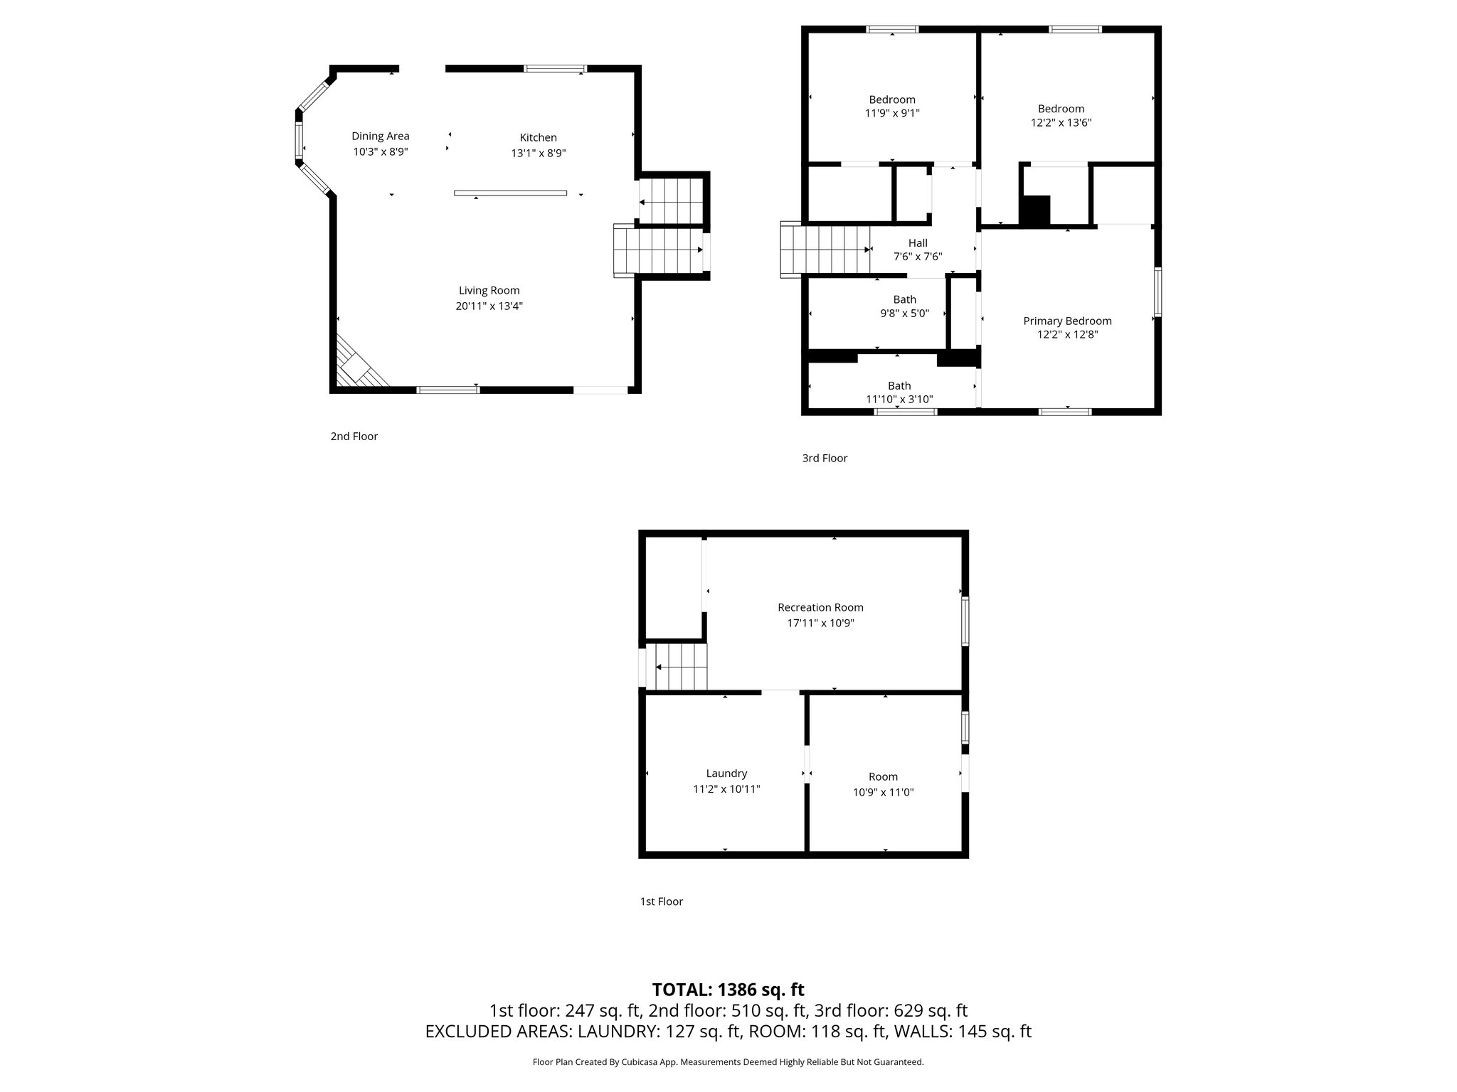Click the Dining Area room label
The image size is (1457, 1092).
(x=380, y=136)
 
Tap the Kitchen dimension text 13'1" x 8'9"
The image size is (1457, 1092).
(x=538, y=153)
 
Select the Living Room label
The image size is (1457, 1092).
(x=489, y=290)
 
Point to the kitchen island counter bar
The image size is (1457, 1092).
(x=510, y=193)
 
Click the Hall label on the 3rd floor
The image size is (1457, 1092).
(x=917, y=243)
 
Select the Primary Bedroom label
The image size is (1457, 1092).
(x=1066, y=321)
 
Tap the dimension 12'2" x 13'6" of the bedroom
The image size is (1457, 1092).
(x=1061, y=122)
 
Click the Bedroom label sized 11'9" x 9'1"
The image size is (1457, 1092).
(x=891, y=100)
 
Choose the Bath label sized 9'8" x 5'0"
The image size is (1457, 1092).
(x=904, y=299)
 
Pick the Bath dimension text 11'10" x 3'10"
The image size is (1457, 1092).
(x=899, y=400)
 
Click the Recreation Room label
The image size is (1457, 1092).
(x=820, y=607)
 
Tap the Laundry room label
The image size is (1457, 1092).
(x=726, y=773)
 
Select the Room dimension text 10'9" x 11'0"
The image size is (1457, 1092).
(x=883, y=792)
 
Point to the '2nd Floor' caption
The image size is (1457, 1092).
(x=354, y=437)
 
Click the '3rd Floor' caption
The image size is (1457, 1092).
(x=824, y=459)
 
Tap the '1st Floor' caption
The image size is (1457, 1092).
(x=661, y=901)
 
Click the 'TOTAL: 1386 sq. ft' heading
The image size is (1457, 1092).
(x=728, y=990)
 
